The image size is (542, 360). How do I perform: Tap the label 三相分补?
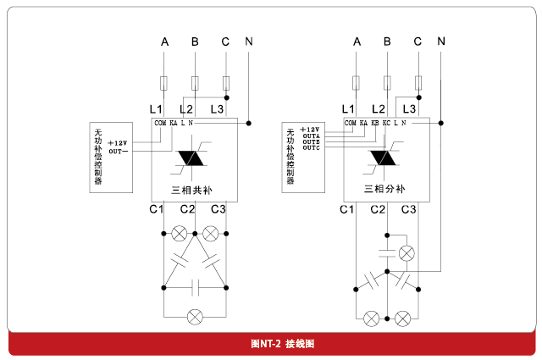pyautogui.click(x=385, y=190)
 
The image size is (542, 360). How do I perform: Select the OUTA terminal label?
pyautogui.click(x=311, y=136)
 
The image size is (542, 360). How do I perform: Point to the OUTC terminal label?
pyautogui.click(x=311, y=148)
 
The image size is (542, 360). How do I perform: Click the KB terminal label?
pyautogui.click(x=375, y=124)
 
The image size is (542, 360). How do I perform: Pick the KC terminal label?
pyautogui.click(x=387, y=124)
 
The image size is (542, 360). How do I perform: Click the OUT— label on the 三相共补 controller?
pyautogui.click(x=118, y=151)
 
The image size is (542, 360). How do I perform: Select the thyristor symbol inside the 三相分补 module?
pyautogui.click(x=385, y=158)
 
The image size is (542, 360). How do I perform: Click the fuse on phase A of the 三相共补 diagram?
pyautogui.click(x=165, y=83)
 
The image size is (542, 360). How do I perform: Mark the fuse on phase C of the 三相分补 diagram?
pyautogui.click(x=418, y=83)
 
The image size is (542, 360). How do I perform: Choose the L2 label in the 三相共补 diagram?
pyautogui.click(x=186, y=109)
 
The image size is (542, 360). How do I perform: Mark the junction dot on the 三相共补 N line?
pyautogui.click(x=248, y=124)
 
